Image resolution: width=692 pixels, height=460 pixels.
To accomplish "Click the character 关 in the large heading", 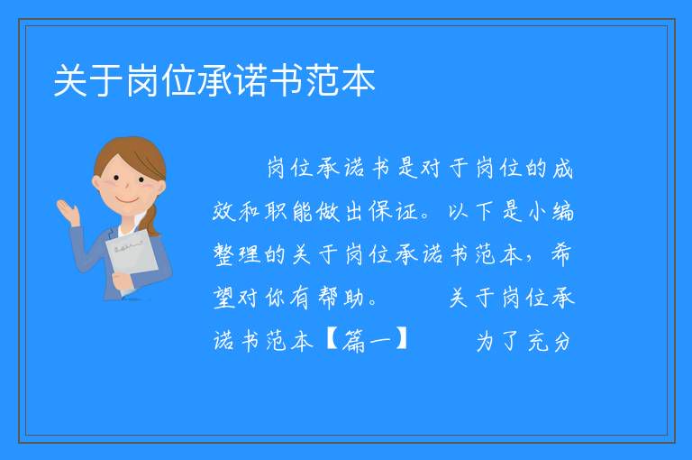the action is coord(70,80).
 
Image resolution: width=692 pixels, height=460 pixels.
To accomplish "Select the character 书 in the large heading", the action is coord(286,80).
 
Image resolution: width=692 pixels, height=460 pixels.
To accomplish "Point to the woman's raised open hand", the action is coord(68,212).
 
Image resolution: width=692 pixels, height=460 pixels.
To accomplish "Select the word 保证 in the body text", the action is coord(393,211).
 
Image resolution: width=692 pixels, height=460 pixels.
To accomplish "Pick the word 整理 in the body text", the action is coord(237,254).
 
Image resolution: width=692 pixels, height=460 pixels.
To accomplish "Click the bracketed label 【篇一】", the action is coord(367,341).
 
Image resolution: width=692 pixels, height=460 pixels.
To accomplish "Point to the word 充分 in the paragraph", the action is coord(549,341).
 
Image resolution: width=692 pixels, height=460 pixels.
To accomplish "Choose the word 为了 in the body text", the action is coord(496,341).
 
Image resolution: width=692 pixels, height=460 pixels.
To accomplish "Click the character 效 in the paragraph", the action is coord(223,211).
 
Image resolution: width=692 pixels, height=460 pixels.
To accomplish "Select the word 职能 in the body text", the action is coord(288,211).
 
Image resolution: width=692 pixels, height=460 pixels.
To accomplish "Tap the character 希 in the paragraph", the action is coord(561,254).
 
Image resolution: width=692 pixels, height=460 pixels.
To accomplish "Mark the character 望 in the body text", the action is coord(223,298).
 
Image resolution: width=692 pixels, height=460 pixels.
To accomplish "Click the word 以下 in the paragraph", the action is coord(470,211).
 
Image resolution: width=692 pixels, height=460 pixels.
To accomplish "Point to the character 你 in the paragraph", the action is coord(276,298).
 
